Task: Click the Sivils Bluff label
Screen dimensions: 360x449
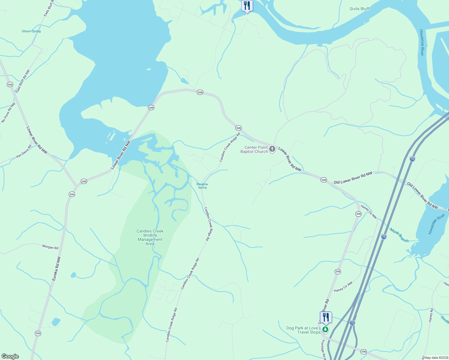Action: (x=359, y=9)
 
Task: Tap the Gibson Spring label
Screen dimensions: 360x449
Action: (x=31, y=31)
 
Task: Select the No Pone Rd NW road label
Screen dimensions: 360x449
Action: (x=8, y=113)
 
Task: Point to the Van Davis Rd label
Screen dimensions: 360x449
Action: (x=24, y=151)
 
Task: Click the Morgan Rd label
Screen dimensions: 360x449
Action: (x=50, y=247)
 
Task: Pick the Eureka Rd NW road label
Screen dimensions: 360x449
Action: (x=56, y=269)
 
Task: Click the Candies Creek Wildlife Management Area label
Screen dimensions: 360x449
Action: (x=150, y=237)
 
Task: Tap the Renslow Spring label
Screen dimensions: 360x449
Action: (x=202, y=186)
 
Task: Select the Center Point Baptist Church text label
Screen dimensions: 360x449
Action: (x=254, y=149)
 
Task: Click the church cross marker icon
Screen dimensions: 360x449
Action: (x=272, y=149)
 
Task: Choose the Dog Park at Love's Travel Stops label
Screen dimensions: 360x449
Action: (x=303, y=330)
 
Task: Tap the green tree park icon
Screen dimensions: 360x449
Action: (x=325, y=329)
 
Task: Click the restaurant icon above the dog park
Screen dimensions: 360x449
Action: (x=326, y=317)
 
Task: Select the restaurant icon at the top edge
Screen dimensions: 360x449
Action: (x=247, y=6)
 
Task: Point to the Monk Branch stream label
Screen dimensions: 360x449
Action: (x=399, y=235)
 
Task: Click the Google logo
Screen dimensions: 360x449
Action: (x=10, y=356)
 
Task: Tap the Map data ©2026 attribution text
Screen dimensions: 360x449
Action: (x=435, y=358)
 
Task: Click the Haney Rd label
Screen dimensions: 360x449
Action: (x=431, y=315)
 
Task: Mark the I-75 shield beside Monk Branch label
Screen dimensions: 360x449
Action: (x=384, y=237)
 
